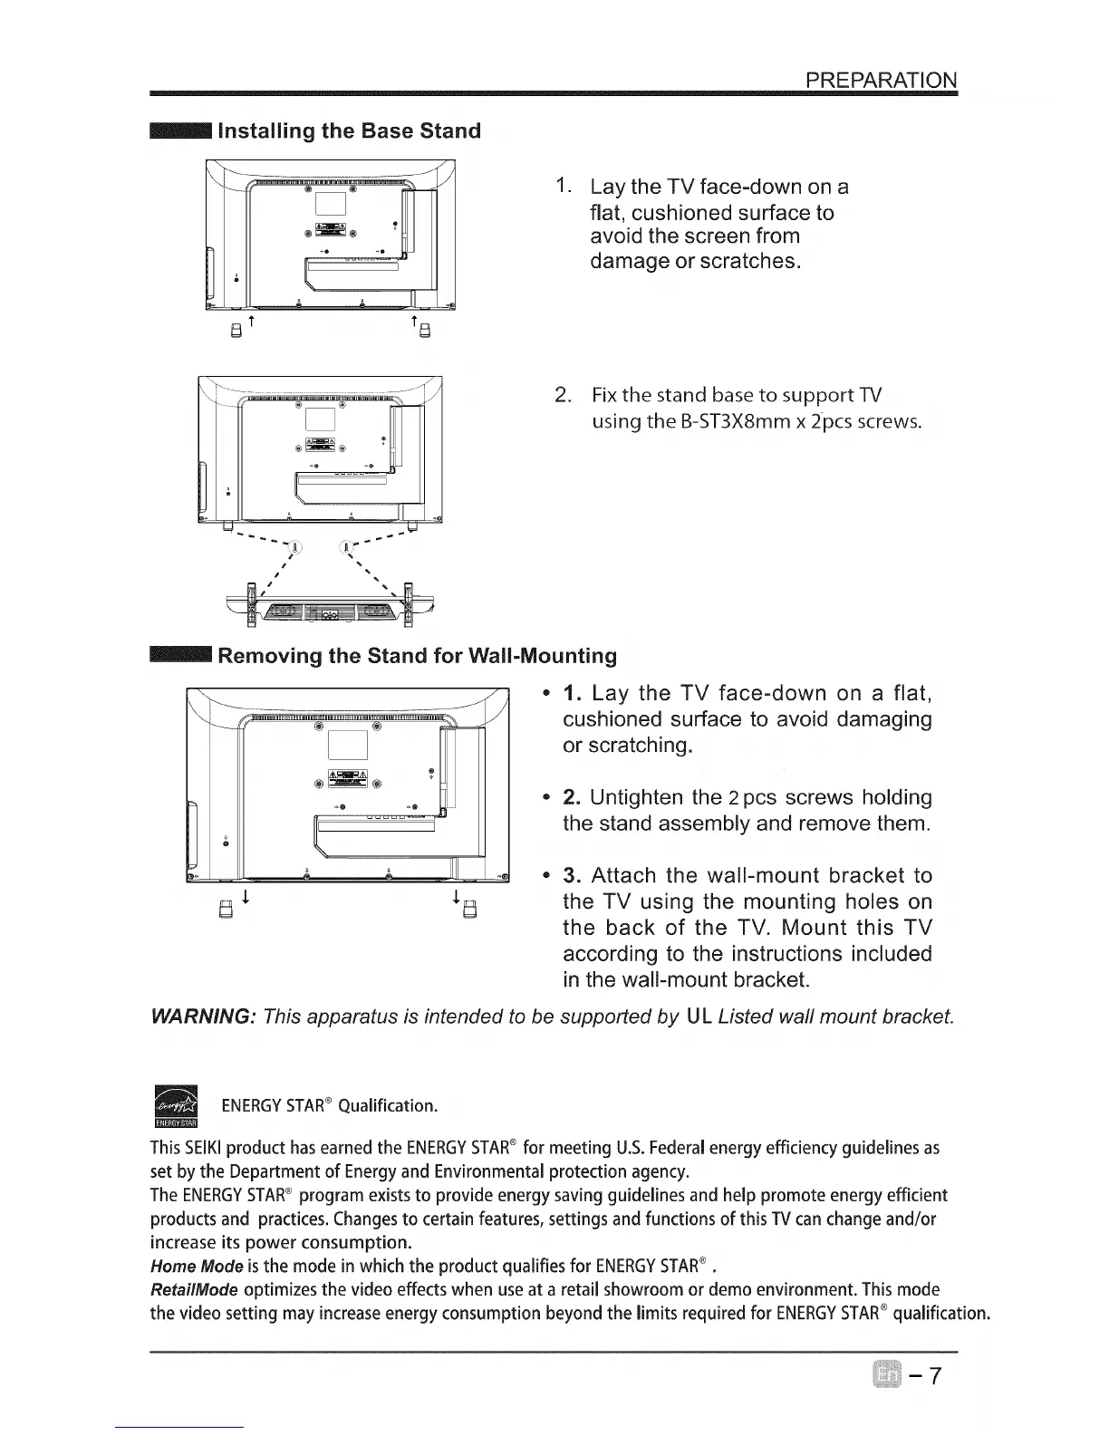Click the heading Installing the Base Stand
point(350,130)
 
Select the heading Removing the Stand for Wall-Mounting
point(418,655)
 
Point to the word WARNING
point(204,1016)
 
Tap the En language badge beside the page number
point(885,1375)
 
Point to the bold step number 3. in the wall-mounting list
point(572,876)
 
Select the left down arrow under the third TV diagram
point(245,897)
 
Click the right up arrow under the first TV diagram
point(413,323)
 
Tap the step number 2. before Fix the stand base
point(562,396)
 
